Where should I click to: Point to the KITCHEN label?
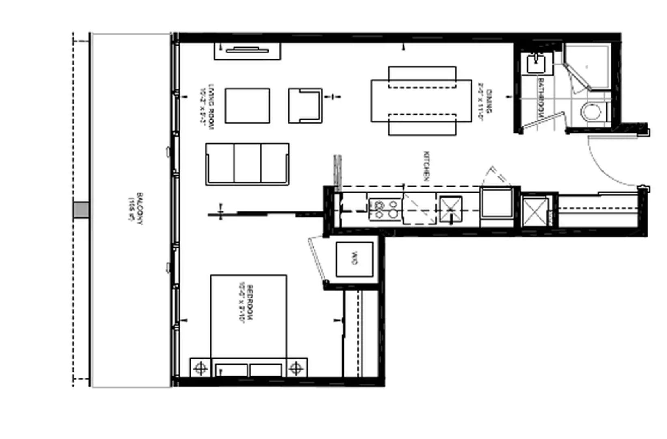point(427,166)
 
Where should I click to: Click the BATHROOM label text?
point(541,98)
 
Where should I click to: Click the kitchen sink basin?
point(450,210)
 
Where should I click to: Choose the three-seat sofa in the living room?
point(247,164)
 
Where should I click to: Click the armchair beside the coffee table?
point(305,106)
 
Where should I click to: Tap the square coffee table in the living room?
point(247,106)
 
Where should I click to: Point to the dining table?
point(421,101)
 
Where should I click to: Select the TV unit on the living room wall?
point(247,50)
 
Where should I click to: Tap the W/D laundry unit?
point(354,259)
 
